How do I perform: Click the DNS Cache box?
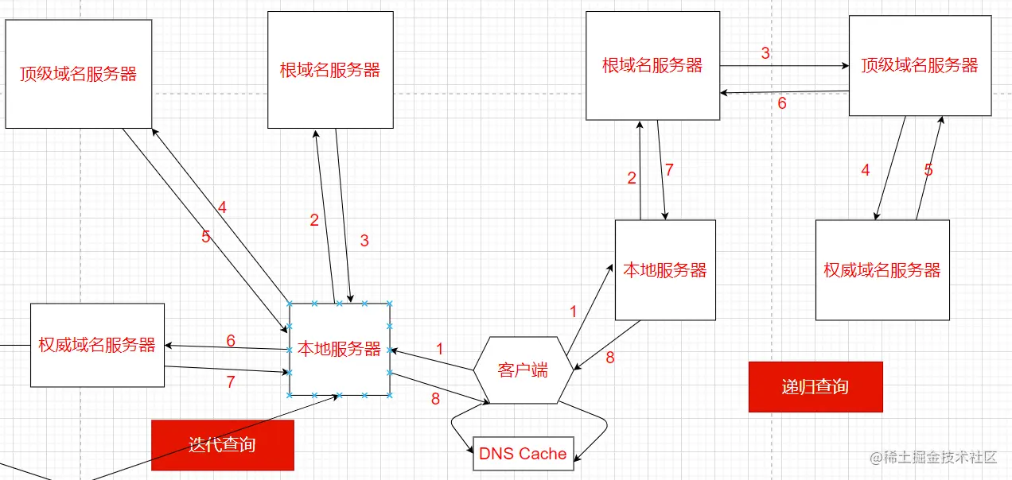pos(523,454)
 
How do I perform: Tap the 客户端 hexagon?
pos(523,370)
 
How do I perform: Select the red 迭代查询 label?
pos(223,444)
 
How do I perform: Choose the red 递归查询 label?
pos(815,387)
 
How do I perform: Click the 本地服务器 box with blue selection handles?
pos(340,349)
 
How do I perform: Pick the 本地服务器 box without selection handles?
pos(665,270)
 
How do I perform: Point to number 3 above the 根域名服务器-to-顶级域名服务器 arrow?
pos(765,54)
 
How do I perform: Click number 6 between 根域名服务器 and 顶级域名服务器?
pos(782,103)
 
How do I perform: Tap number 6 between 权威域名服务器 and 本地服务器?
pos(231,341)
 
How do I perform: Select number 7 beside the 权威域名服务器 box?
pos(231,381)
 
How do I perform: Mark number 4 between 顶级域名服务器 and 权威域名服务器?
pos(866,170)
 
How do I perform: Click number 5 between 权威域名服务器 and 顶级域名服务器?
pos(928,170)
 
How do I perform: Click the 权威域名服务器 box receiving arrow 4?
pos(882,270)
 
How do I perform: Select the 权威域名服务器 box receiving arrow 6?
pos(97,345)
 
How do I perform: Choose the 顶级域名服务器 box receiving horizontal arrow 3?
pos(920,66)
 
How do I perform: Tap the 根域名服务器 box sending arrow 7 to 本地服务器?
pos(652,66)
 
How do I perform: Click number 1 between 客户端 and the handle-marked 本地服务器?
pos(440,349)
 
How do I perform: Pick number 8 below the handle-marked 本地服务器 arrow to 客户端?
pos(435,399)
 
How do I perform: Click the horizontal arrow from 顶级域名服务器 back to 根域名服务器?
pos(784,92)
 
